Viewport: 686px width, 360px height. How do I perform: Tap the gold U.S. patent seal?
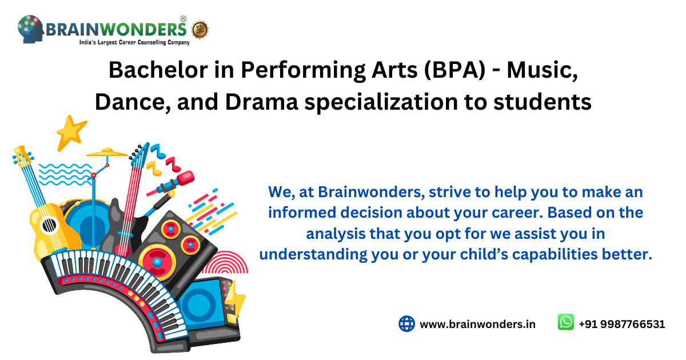(x=200, y=29)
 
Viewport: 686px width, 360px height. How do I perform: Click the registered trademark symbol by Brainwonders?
(x=183, y=19)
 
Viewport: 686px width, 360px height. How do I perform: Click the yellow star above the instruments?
(x=71, y=131)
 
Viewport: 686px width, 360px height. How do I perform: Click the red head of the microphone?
(x=186, y=179)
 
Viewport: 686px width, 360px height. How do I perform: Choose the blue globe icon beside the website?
(x=406, y=323)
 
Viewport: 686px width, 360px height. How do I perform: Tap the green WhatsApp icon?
(x=565, y=322)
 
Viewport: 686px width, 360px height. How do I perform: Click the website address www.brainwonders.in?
(x=477, y=324)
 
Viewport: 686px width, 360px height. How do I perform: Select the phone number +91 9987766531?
(x=621, y=324)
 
